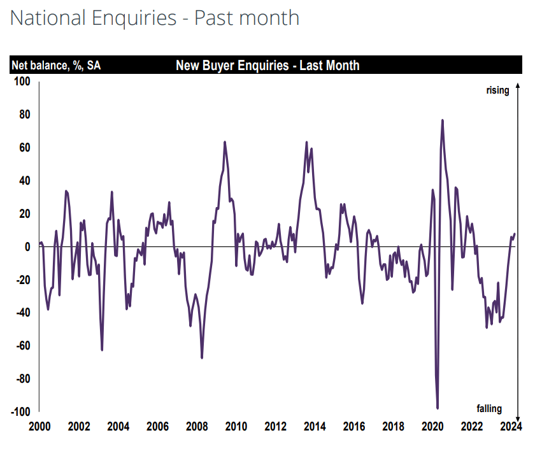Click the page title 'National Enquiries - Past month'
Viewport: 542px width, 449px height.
(155, 18)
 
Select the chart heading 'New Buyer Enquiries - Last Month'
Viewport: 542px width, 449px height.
(267, 66)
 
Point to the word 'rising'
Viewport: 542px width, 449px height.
(497, 90)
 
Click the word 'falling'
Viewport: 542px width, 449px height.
(489, 408)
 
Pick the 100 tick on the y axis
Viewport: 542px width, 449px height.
(22, 82)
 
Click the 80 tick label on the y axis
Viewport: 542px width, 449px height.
(24, 115)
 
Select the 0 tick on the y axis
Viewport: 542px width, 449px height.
(27, 246)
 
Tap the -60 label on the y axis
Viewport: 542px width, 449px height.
(23, 346)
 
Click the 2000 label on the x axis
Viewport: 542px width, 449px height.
(39, 426)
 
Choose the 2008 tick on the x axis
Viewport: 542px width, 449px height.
(197, 426)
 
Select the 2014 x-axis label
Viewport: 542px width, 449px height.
(314, 426)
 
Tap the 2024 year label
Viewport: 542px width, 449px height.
(511, 426)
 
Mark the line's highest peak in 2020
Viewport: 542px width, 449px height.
(442, 120)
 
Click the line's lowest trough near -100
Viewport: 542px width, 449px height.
(438, 408)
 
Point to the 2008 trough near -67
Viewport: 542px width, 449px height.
(202, 358)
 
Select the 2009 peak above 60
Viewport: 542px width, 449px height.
(225, 141)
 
